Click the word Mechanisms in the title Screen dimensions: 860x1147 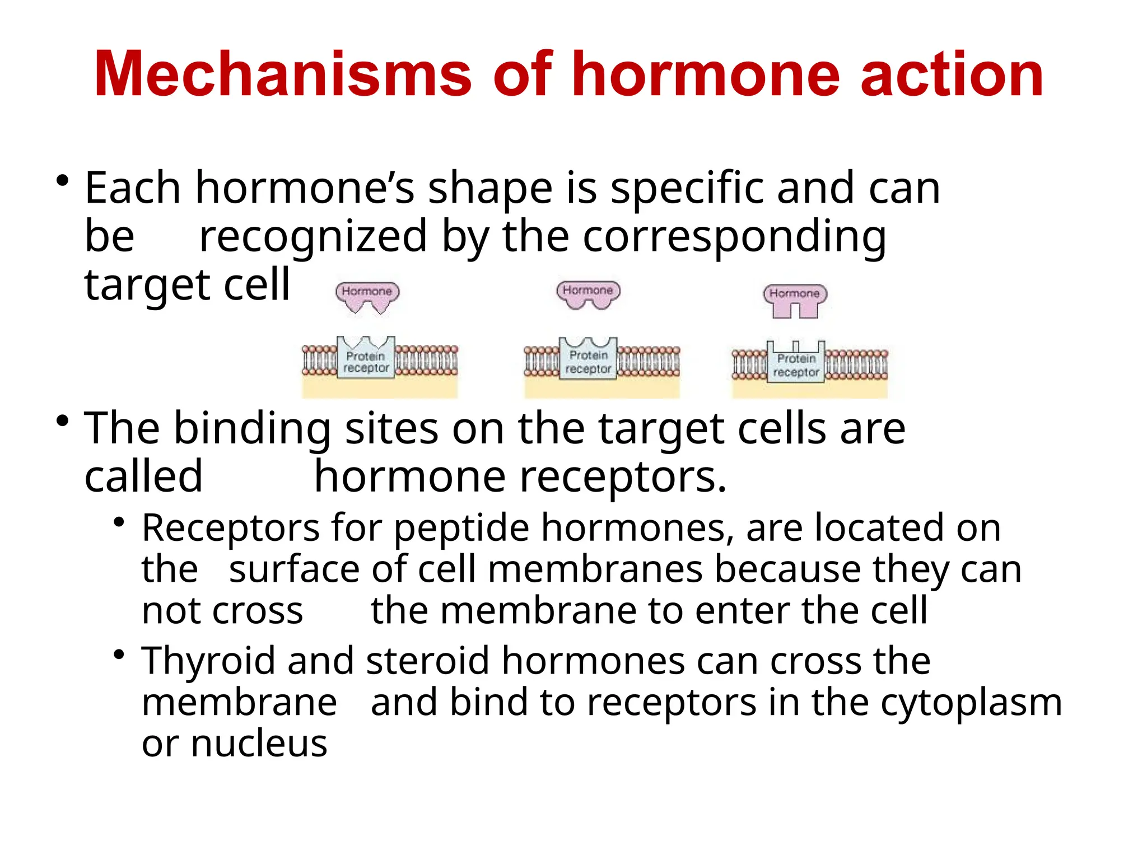click(283, 74)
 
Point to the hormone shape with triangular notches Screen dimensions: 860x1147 click(367, 297)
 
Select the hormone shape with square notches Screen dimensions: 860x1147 click(795, 300)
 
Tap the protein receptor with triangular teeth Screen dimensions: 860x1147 click(366, 359)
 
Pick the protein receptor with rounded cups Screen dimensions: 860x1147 click(588, 359)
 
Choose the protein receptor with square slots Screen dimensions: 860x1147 click(796, 363)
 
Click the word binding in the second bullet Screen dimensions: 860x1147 click(252, 429)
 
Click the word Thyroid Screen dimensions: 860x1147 click(208, 661)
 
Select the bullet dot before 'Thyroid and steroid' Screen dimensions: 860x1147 click(118, 655)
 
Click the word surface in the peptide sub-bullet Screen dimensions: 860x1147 click(294, 569)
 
